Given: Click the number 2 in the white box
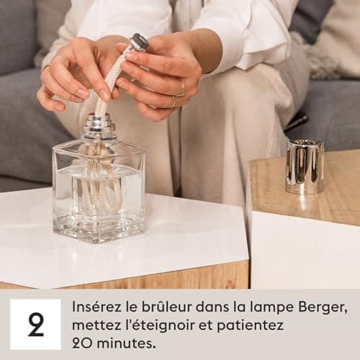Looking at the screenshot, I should click(x=35, y=324).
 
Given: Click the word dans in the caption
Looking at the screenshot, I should click(x=211, y=307).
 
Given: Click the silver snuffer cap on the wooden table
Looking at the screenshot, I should click(x=304, y=166).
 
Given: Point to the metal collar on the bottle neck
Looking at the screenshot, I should click(x=99, y=127).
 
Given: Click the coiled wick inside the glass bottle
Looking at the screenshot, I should click(x=101, y=180).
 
